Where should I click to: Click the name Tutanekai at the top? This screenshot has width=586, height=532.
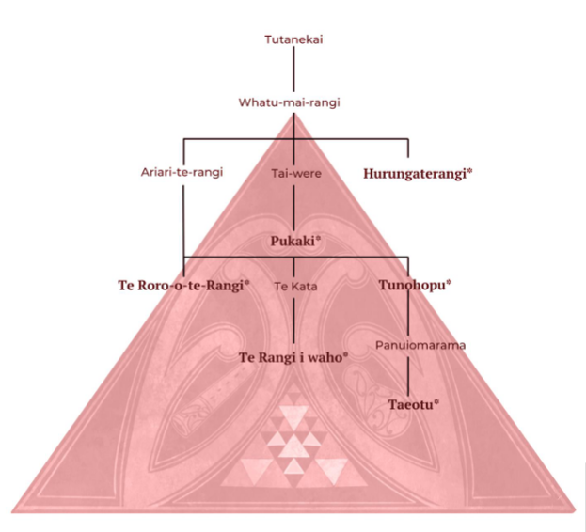pyautogui.click(x=293, y=39)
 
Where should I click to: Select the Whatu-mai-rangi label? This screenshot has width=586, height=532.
pyautogui.click(x=290, y=102)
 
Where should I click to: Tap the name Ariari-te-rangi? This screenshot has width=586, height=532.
pyautogui.click(x=182, y=172)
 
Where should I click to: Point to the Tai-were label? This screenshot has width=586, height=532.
pyautogui.click(x=296, y=173)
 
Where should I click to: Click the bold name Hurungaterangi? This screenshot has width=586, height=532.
pyautogui.click(x=415, y=174)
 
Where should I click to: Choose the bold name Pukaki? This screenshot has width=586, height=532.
pyautogui.click(x=293, y=242)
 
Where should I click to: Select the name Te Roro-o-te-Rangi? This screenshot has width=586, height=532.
pyautogui.click(x=181, y=286)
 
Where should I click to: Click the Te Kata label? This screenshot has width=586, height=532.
pyautogui.click(x=295, y=287)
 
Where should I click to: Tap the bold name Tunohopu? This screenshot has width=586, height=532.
pyautogui.click(x=412, y=285)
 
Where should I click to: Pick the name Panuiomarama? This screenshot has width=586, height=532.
pyautogui.click(x=420, y=345)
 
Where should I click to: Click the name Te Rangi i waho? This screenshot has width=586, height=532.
pyautogui.click(x=291, y=358)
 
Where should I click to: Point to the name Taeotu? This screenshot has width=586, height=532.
pyautogui.click(x=410, y=405)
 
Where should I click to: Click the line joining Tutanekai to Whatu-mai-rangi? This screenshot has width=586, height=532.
pyautogui.click(x=293, y=69)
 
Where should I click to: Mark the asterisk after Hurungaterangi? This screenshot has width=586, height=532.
pyautogui.click(x=469, y=171)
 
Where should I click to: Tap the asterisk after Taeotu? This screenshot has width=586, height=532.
pyautogui.click(x=436, y=402)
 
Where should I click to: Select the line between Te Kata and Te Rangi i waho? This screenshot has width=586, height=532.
pyautogui.click(x=293, y=321)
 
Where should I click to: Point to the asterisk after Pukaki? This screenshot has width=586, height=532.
pyautogui.click(x=319, y=239)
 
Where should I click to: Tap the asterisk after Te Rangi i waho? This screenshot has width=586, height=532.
pyautogui.click(x=346, y=355)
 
